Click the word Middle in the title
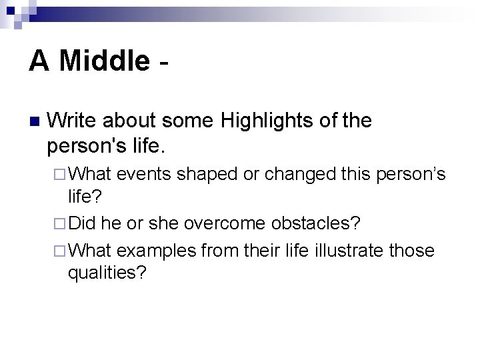tap(104, 61)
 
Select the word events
tap(144, 175)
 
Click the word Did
tap(83, 221)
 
